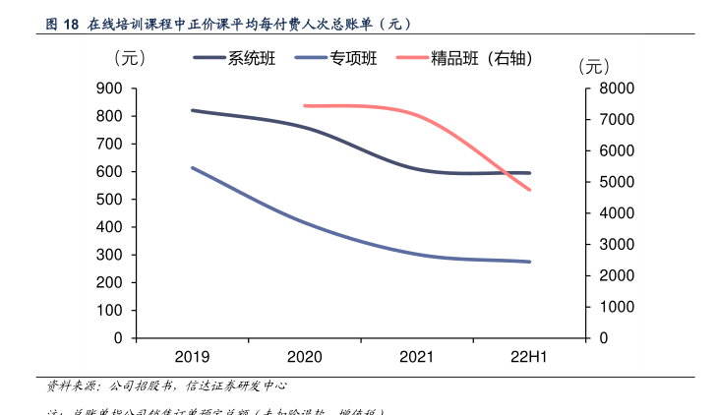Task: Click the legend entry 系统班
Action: tap(252, 58)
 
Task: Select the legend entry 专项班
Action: tap(354, 58)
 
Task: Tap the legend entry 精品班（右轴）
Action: tap(482, 58)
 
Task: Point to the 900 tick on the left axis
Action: tap(110, 89)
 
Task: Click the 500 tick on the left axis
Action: tap(110, 200)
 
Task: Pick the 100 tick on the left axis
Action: tap(110, 311)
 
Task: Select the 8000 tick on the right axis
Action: tap(618, 89)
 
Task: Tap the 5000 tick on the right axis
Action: tap(618, 182)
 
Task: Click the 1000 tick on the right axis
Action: tap(618, 307)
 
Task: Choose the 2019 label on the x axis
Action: tap(192, 356)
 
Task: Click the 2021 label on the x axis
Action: tap(417, 356)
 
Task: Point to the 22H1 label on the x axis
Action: tap(529, 356)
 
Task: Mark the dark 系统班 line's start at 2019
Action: tap(192, 110)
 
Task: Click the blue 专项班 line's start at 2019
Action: tap(192, 168)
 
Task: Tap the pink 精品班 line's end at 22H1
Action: tap(530, 190)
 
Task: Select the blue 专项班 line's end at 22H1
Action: tap(530, 262)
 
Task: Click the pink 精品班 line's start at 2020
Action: tap(304, 105)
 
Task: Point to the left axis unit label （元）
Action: tap(129, 58)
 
